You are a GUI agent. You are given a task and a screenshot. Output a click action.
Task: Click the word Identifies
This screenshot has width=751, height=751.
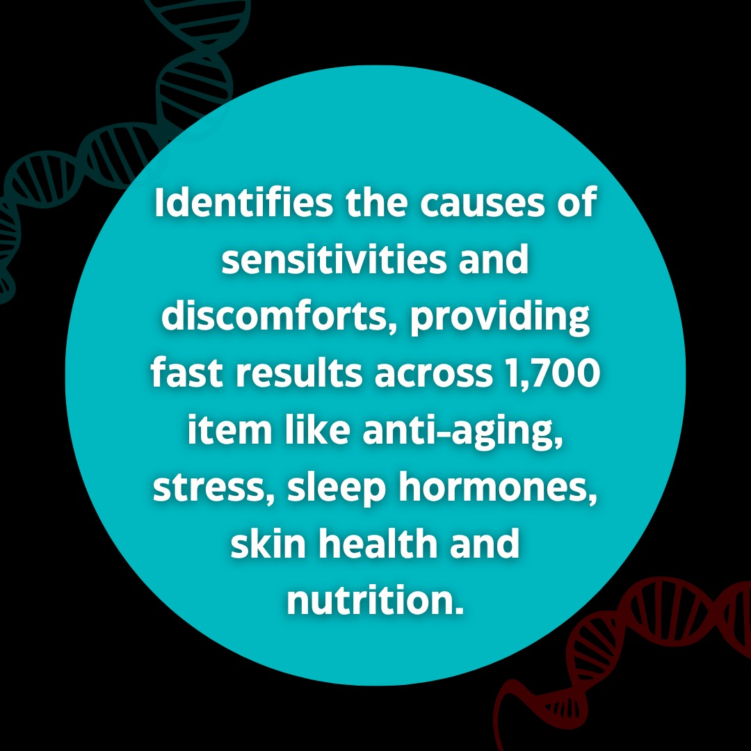point(244,202)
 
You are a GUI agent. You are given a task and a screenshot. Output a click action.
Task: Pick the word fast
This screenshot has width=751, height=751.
point(187,373)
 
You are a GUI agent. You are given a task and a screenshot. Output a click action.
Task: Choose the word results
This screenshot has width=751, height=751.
point(299,373)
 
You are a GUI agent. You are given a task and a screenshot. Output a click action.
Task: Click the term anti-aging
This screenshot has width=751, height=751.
point(462,433)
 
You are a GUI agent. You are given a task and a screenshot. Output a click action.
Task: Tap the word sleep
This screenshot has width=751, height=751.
point(337,489)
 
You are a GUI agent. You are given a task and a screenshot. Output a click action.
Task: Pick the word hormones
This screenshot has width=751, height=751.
point(498,487)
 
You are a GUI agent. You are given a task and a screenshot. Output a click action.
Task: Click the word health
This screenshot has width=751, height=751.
point(378,543)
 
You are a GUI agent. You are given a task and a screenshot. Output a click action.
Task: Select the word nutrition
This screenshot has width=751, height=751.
point(375,599)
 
